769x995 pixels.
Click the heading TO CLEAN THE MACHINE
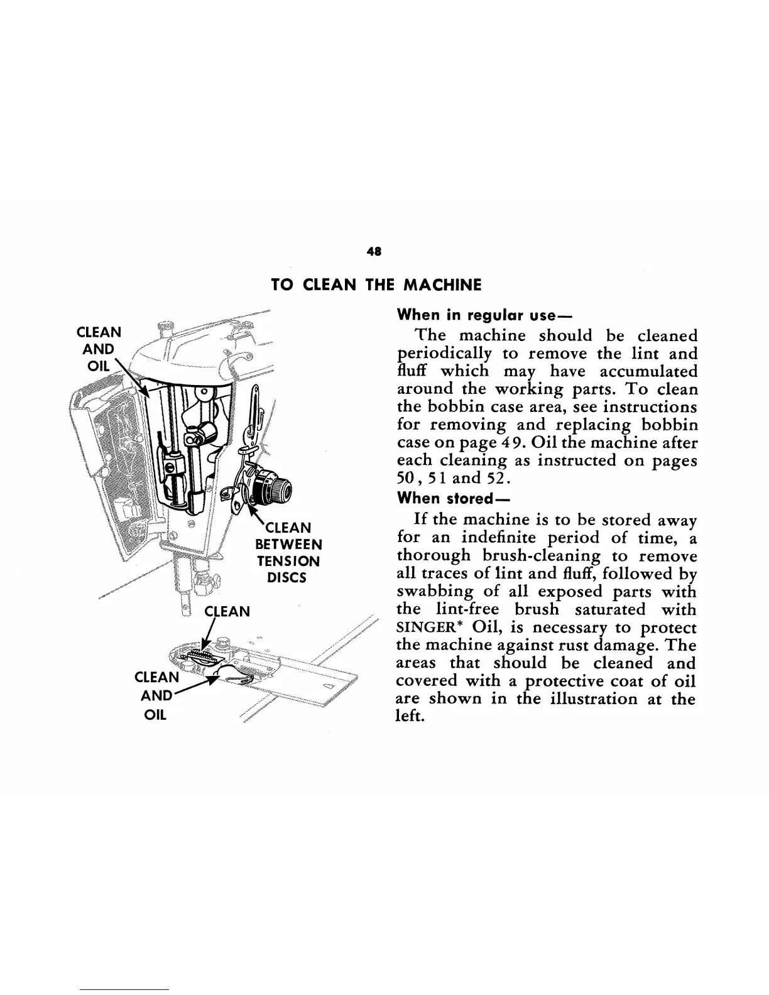pyautogui.click(x=376, y=285)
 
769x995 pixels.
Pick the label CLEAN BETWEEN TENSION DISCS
pyautogui.click(x=288, y=552)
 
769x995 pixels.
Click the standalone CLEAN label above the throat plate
pyautogui.click(x=228, y=611)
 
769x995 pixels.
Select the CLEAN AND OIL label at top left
pyautogui.click(x=99, y=349)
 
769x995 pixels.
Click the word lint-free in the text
pyautogui.click(x=467, y=609)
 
